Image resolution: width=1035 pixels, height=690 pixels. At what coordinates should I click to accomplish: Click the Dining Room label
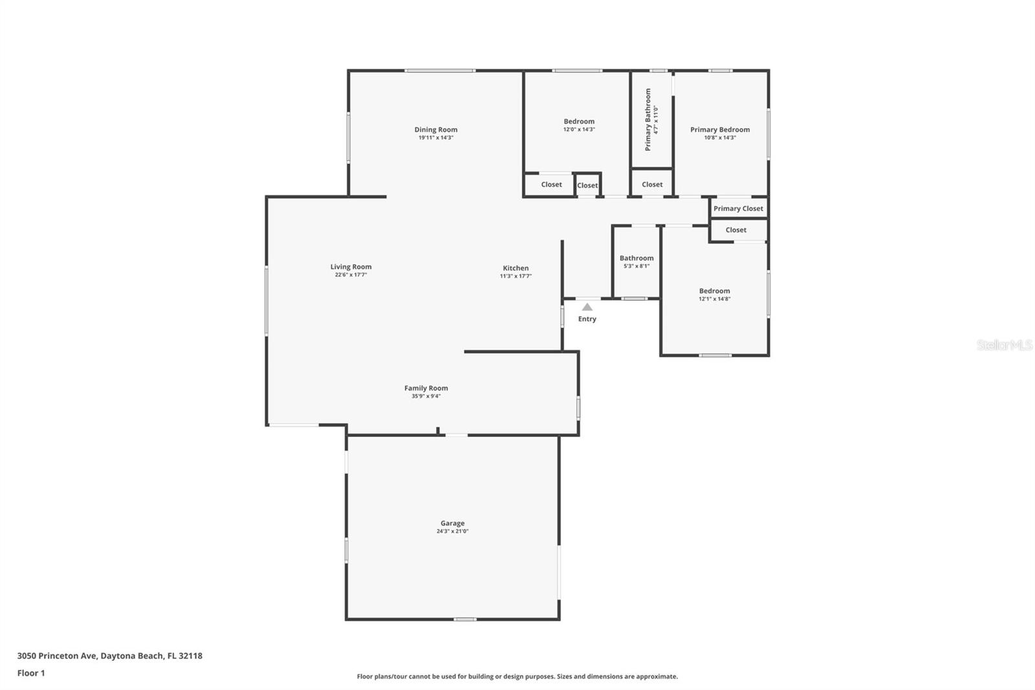point(435,129)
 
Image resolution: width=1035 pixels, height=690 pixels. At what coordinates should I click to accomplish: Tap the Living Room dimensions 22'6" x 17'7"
point(351,275)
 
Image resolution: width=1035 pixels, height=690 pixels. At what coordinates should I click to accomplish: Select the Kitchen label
point(516,268)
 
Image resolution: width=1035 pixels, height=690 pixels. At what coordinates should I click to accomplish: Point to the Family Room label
point(426,388)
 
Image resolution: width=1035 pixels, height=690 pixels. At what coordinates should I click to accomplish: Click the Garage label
point(452,523)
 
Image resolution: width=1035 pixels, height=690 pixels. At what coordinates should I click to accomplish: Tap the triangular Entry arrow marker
point(587,307)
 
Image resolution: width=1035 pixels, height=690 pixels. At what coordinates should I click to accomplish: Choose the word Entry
point(587,319)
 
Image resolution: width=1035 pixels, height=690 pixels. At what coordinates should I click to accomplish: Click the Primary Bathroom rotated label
point(648,120)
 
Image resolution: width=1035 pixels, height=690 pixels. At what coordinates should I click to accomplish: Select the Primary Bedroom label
point(719,129)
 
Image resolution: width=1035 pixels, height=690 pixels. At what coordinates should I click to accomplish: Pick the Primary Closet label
point(738,208)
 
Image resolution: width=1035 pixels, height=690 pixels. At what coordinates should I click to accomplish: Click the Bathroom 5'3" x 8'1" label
point(637,258)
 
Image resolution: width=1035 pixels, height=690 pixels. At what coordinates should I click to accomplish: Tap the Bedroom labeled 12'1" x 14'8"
point(714,291)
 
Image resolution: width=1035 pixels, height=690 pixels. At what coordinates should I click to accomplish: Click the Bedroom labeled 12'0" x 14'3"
point(578,122)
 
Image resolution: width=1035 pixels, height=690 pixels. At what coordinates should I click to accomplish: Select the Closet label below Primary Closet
point(735,230)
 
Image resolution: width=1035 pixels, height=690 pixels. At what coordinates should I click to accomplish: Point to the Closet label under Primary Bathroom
point(652,184)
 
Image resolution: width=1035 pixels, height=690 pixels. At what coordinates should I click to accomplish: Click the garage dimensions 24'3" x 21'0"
point(452,531)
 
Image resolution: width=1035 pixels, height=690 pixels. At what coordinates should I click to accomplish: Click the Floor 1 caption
point(31,673)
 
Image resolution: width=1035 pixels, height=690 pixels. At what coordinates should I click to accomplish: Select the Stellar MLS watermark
point(1004,346)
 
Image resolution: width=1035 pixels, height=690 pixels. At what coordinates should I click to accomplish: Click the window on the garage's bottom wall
point(464,619)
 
